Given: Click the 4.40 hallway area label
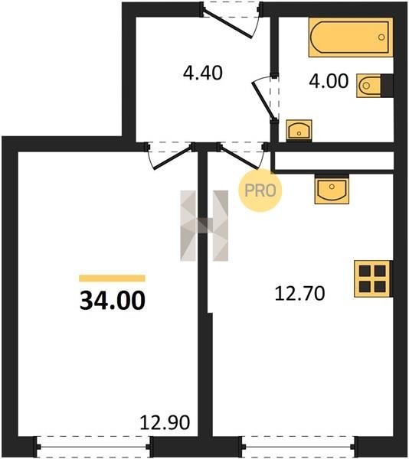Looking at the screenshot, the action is point(203,73).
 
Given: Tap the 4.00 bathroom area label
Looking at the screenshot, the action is point(329,81).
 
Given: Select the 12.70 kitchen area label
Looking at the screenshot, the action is point(299,294).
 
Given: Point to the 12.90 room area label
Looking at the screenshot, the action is point(165,422).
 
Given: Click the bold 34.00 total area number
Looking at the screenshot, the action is point(113,301).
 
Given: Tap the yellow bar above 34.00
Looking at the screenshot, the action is point(113,278).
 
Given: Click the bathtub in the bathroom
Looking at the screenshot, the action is point(351,37).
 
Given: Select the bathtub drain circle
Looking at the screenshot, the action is point(381,37).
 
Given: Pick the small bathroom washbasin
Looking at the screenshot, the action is point(299,131).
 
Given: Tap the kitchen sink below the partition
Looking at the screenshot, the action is point(332,189).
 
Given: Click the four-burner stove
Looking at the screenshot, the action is point(373,278).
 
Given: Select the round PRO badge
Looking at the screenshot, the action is point(260,190).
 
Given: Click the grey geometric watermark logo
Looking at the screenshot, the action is point(204,226).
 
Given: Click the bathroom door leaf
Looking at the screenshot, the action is point(263,100).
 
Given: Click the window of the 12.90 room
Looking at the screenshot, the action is point(93,447).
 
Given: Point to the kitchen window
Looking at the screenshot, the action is point(299,447).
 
